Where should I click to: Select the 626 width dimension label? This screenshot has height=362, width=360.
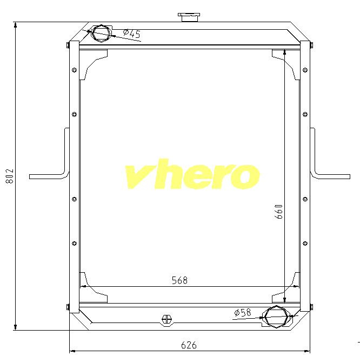pos(189,345)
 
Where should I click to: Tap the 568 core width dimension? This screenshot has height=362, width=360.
pos(179,280)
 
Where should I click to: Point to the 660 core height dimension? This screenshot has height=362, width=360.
pos(278,212)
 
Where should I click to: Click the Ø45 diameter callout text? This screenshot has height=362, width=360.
pos(131,34)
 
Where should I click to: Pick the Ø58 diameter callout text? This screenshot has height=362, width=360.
pos(242,313)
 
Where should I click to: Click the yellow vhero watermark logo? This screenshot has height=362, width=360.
pos(192,174)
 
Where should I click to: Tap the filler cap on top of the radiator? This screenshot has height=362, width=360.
pos(189,17)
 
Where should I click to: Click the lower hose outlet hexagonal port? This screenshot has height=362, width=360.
pos(277,317)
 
